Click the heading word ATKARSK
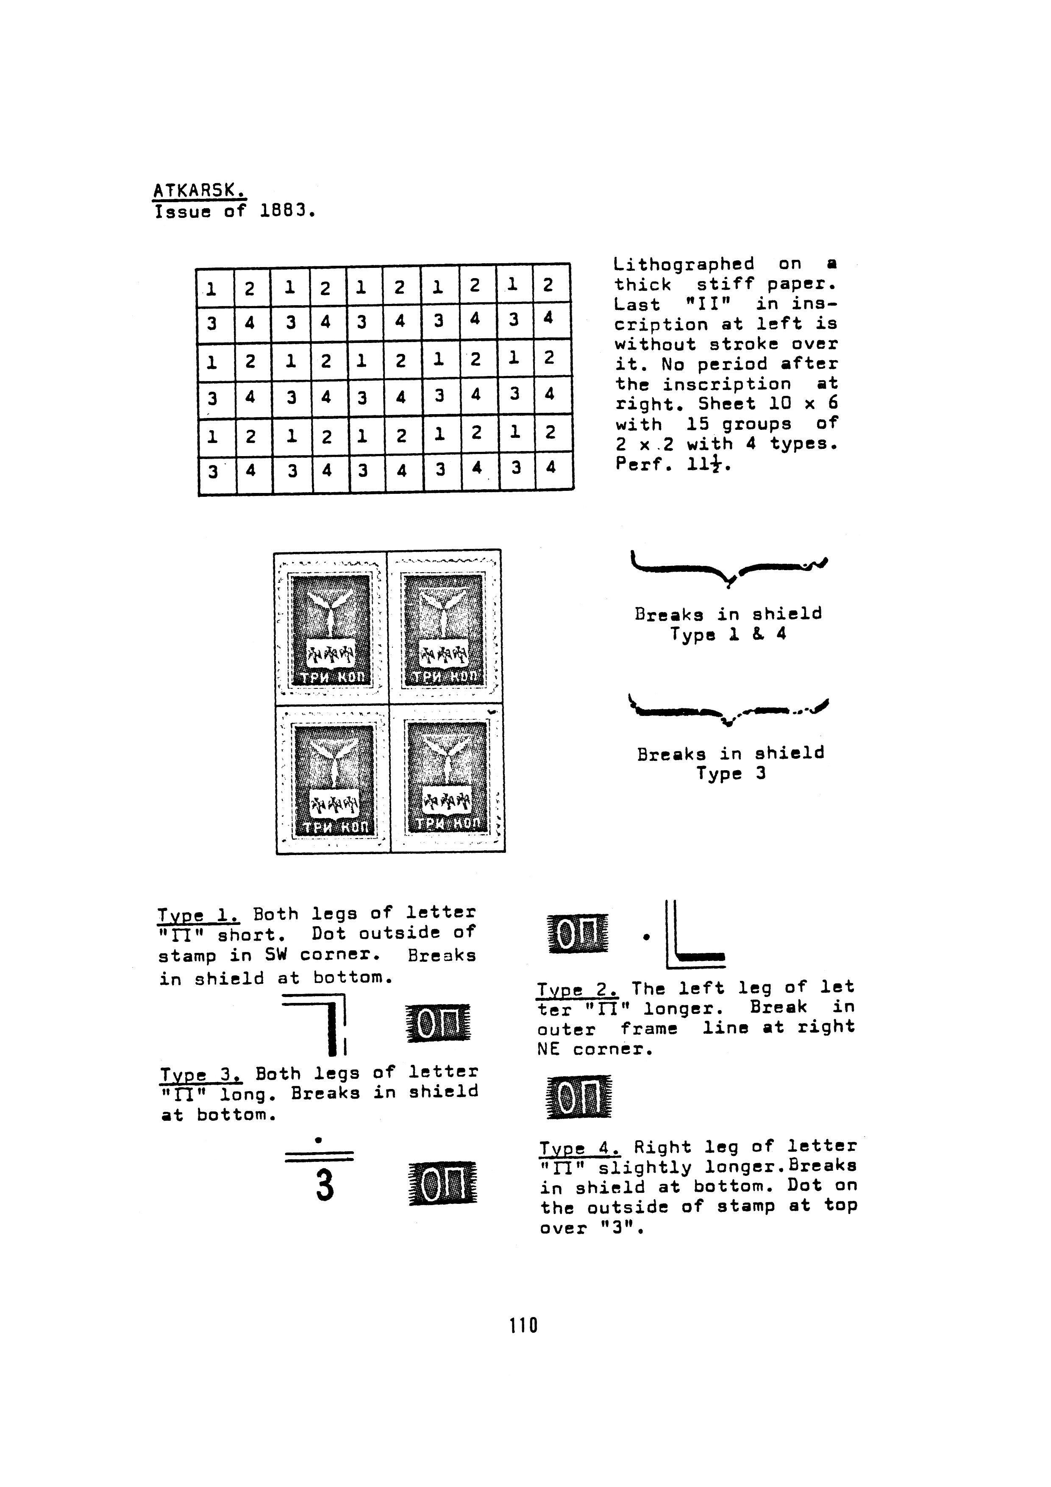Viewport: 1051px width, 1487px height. [x=200, y=191]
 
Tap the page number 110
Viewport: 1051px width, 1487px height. [x=524, y=1326]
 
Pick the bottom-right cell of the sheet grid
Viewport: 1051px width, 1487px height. [x=554, y=470]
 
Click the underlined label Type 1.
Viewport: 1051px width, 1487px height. [x=199, y=915]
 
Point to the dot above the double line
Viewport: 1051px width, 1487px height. [x=318, y=1139]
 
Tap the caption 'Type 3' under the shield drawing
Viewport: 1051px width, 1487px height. [x=731, y=773]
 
